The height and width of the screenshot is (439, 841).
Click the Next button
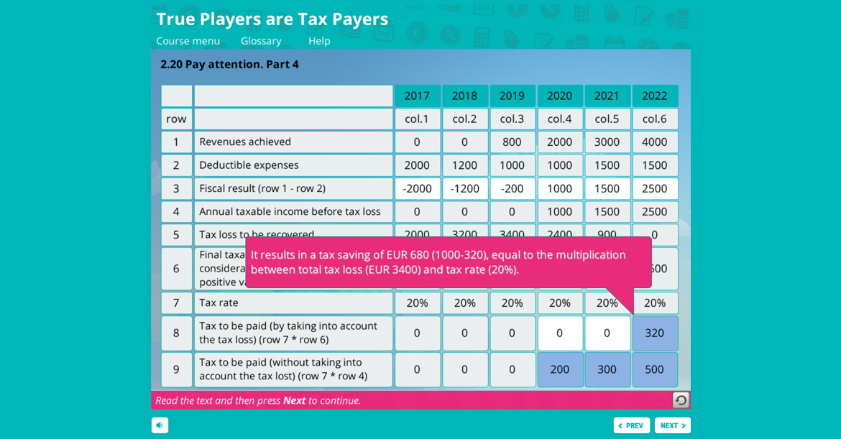point(672,425)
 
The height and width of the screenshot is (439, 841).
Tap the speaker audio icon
point(160,425)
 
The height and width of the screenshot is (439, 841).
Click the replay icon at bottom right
point(680,400)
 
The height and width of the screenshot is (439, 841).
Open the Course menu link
point(188,41)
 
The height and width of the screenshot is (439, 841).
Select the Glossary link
point(261,41)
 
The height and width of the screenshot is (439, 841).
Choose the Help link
point(319,41)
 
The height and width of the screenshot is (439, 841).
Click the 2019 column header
point(512,96)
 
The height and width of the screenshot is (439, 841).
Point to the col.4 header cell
point(559,119)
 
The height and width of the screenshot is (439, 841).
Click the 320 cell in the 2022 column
point(654,333)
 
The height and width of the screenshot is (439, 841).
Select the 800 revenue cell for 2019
point(512,142)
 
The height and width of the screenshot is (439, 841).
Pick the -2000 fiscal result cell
point(417,188)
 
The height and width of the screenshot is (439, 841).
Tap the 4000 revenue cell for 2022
point(654,142)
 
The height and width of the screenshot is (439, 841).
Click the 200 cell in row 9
point(559,369)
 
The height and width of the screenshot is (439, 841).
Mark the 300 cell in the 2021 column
point(607,369)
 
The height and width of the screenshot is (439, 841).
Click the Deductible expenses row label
point(249,165)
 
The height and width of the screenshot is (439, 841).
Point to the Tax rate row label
point(219,302)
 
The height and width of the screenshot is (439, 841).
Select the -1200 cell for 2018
point(464,188)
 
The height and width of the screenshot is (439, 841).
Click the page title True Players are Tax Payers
point(272,19)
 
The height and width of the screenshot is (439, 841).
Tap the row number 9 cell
point(176,369)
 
